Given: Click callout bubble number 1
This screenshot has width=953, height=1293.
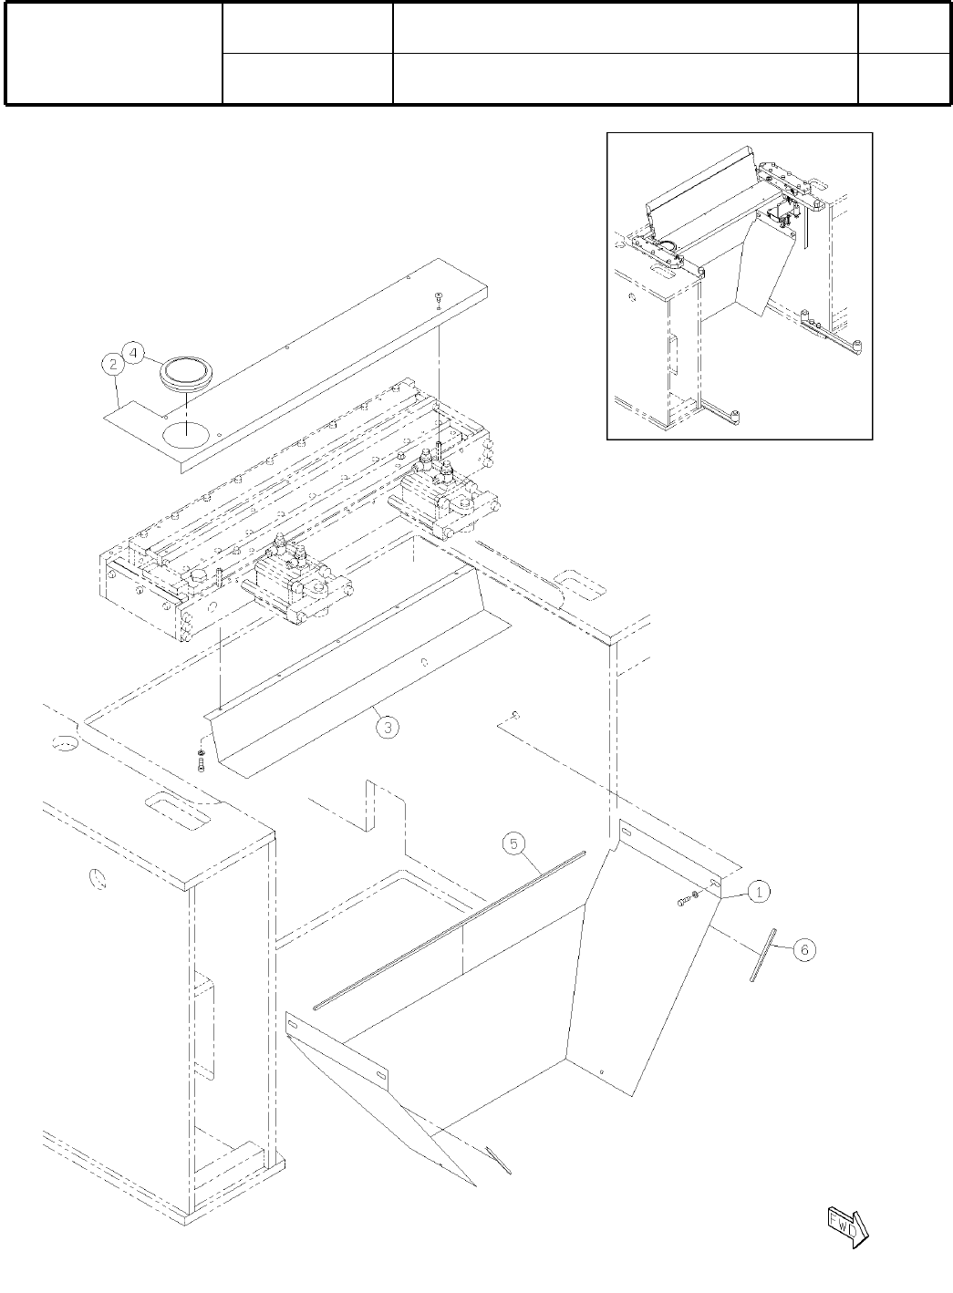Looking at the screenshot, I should [759, 892].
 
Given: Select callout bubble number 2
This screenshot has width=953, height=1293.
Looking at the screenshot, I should [113, 365].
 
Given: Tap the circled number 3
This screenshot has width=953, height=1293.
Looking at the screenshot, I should [388, 727].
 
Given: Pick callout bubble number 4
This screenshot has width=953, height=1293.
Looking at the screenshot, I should [133, 352].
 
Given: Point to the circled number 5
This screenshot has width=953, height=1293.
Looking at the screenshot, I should [513, 843].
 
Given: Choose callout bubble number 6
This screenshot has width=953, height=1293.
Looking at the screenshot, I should [803, 949].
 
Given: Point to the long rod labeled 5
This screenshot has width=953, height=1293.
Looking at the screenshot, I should [447, 931].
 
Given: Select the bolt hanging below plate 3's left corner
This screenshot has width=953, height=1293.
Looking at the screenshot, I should [200, 758].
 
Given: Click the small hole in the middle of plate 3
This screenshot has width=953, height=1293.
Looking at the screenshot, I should [424, 663].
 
